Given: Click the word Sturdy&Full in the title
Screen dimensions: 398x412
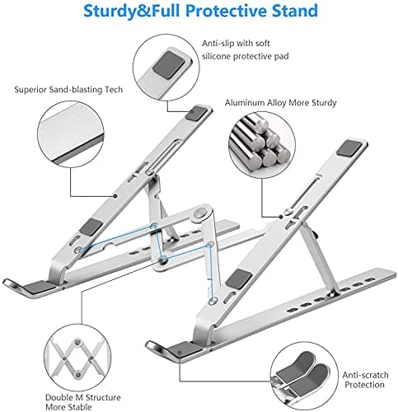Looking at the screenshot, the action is [x=132, y=12].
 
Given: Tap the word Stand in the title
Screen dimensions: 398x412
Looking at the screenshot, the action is [x=295, y=11].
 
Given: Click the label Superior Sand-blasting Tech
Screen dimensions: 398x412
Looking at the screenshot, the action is [x=68, y=90].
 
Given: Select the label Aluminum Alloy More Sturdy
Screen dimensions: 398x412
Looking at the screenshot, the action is [x=281, y=103].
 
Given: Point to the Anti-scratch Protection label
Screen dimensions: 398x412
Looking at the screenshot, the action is [x=365, y=380].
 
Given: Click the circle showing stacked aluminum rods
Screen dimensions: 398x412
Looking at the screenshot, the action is [x=262, y=145].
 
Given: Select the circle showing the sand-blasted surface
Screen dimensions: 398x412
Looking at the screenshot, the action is [x=71, y=134].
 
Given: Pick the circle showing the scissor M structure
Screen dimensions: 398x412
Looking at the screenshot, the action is [x=77, y=358].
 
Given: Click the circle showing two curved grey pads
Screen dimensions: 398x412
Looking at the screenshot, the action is [x=304, y=376].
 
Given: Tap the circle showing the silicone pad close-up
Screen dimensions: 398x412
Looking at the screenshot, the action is [x=166, y=68].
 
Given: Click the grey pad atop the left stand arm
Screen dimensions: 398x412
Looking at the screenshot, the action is [x=196, y=113].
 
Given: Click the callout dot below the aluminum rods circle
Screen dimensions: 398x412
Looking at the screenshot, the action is [x=281, y=217].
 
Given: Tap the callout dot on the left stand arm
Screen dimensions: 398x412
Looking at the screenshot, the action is [x=115, y=196].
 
